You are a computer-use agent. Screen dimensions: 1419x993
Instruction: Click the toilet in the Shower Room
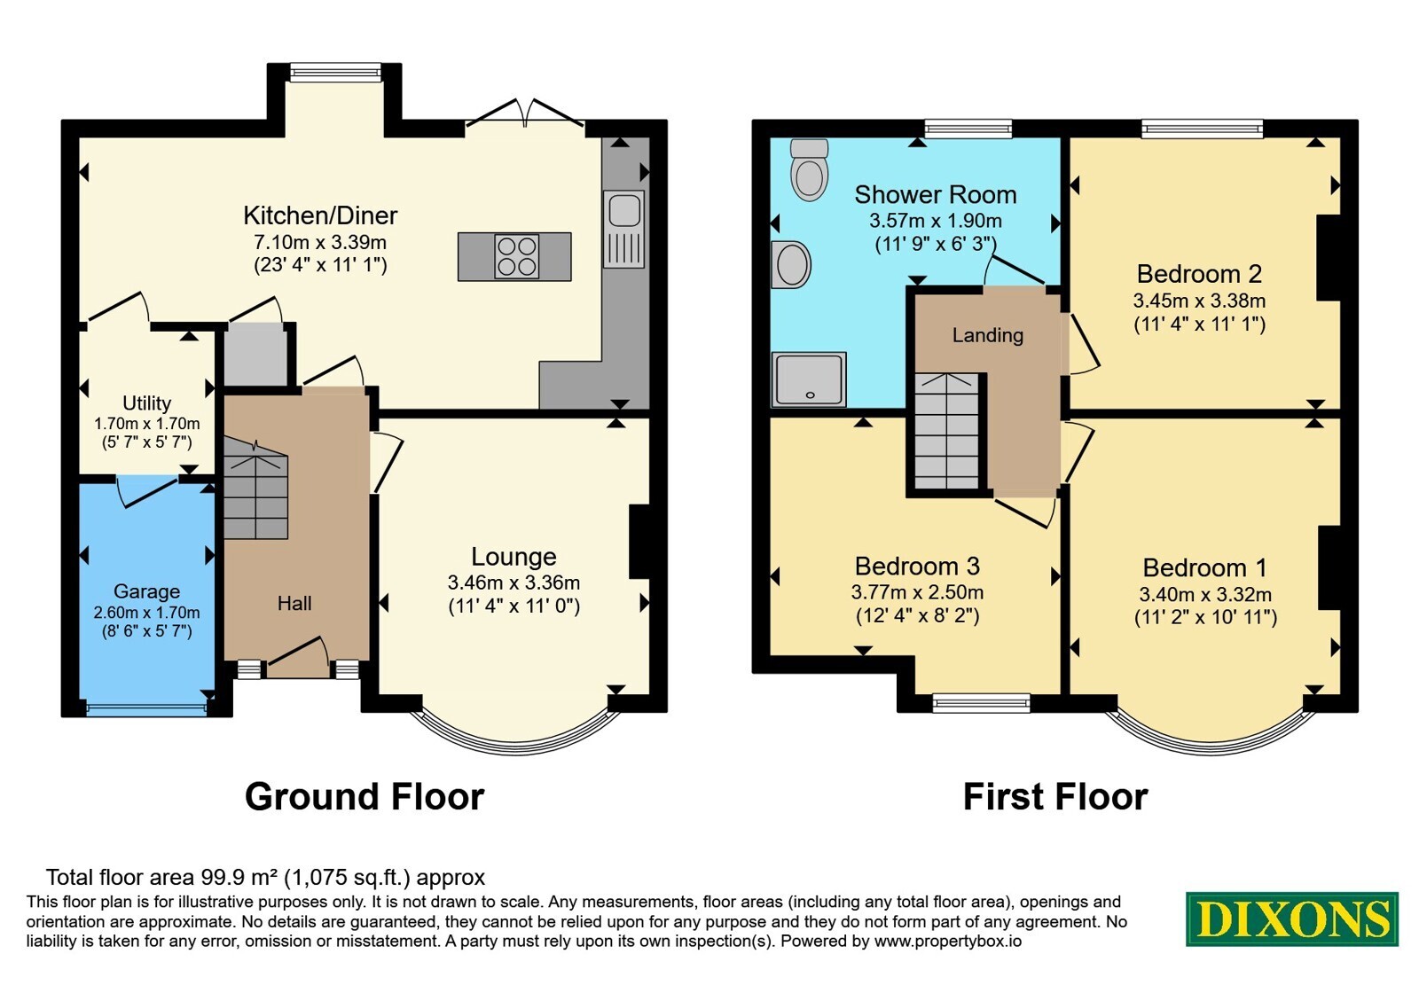point(810,169)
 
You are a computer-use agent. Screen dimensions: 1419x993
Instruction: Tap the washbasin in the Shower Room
point(791,265)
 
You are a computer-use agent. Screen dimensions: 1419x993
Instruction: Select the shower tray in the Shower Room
point(809,379)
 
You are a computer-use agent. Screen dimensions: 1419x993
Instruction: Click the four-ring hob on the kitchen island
point(516,256)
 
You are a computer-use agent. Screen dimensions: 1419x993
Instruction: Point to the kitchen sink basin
point(624,210)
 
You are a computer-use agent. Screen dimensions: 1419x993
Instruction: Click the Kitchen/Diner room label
point(320,215)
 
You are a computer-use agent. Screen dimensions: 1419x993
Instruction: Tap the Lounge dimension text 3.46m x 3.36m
point(514,582)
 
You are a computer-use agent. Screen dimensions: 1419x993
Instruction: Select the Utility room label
point(146,403)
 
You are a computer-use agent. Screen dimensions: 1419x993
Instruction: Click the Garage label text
point(146,590)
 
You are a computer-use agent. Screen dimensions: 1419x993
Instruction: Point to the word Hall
point(294,603)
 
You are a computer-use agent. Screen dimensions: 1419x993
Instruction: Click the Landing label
point(988,335)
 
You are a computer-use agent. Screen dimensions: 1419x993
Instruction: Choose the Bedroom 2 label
point(1199,274)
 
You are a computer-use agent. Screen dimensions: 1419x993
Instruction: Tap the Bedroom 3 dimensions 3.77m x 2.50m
point(917,592)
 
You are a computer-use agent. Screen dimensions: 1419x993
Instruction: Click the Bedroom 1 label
point(1205,567)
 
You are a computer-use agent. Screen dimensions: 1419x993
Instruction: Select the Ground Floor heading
point(365,797)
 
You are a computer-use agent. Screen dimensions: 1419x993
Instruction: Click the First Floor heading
point(1055,797)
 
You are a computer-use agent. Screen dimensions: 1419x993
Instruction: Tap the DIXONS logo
point(1291,919)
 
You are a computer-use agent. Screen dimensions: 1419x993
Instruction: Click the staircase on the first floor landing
point(947,431)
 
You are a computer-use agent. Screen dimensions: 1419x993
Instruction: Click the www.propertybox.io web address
point(948,941)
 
